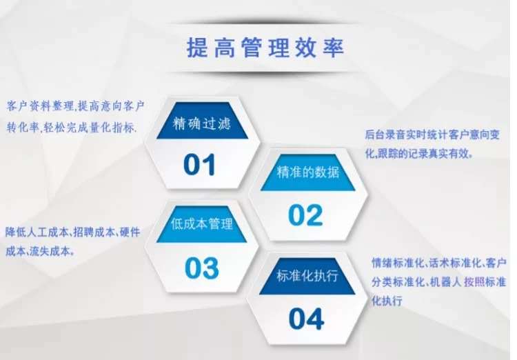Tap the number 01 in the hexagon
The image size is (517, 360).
coord(200,164)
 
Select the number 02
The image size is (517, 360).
coord(305,215)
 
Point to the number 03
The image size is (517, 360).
coord(201,268)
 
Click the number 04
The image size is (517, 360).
coord(306,319)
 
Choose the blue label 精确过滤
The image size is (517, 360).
coord(200,126)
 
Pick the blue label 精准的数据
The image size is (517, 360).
coord(307,172)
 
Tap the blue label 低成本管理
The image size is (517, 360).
coord(201,225)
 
